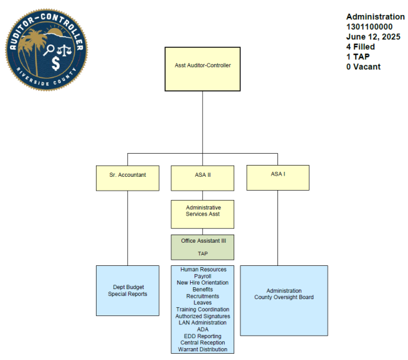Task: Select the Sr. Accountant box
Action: [x=127, y=177]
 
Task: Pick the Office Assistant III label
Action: [x=202, y=241]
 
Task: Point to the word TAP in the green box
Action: [x=202, y=253]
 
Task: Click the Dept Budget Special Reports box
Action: [x=127, y=290]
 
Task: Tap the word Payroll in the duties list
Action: [x=202, y=276]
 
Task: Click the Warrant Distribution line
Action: [x=202, y=349]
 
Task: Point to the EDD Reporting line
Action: [x=202, y=336]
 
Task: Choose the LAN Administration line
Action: [x=202, y=322]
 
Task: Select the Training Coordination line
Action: [x=202, y=309]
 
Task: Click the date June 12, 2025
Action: [x=373, y=37]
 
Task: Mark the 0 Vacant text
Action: [x=363, y=67]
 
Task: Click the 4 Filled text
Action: [x=361, y=47]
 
